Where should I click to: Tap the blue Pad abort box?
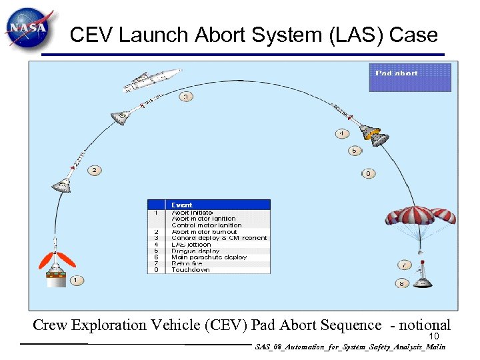410,77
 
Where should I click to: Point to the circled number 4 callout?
341,134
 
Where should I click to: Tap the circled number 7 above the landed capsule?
404,265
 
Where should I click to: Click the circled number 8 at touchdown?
401,283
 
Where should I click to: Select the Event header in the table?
181,205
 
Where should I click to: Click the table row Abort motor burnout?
203,231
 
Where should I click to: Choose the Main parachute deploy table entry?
209,257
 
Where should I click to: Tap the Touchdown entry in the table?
190,270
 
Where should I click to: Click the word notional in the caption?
424,325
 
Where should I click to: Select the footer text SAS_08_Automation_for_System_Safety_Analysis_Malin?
349,347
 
